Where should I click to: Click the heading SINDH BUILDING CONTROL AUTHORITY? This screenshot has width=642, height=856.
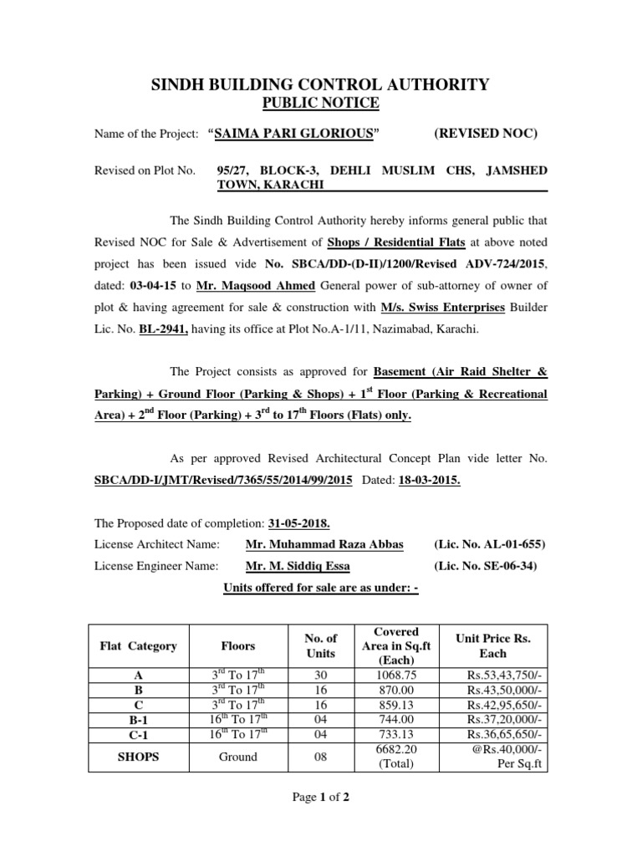pyautogui.click(x=320, y=84)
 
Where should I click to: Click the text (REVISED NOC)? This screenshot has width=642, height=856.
pyautogui.click(x=486, y=134)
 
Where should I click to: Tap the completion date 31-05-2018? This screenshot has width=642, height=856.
pyautogui.click(x=299, y=523)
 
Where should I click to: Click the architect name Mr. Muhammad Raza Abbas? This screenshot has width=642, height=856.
pyautogui.click(x=324, y=544)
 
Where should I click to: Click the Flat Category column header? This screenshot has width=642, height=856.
pyautogui.click(x=139, y=645)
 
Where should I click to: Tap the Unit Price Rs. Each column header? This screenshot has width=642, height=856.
pyautogui.click(x=493, y=645)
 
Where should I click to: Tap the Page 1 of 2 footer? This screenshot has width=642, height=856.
pyautogui.click(x=320, y=797)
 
